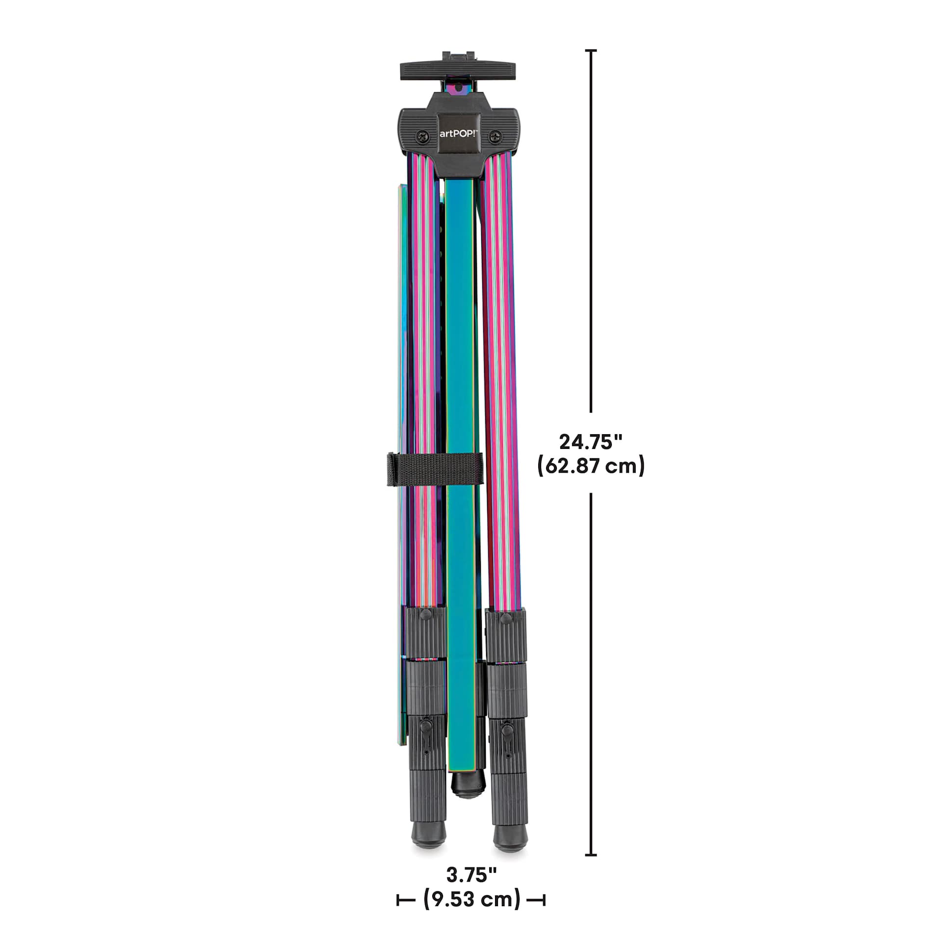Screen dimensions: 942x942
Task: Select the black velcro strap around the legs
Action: pos(434,470)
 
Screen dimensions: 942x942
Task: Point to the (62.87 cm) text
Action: pos(591,466)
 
